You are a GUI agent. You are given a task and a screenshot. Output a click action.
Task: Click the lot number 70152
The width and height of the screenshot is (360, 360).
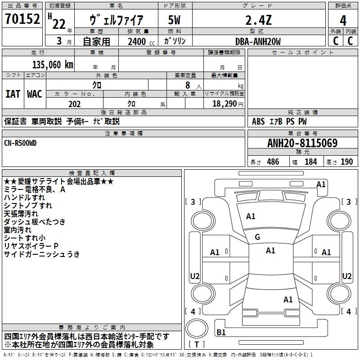[22, 19]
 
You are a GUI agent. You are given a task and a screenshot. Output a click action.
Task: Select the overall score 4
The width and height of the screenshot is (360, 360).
[343, 21]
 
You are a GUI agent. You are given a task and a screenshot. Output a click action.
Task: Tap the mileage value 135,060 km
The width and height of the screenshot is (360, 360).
[53, 65]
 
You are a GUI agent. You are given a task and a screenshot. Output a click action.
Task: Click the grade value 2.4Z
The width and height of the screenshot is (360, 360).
[258, 20]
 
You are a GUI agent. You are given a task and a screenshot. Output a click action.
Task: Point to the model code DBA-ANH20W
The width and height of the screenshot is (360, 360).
[258, 41]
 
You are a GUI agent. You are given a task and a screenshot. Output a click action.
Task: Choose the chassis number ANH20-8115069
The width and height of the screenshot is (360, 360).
[302, 143]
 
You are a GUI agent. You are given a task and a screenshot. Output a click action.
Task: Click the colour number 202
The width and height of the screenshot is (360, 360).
[75, 104]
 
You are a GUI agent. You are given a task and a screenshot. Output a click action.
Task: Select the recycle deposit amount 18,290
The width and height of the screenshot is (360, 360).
[224, 104]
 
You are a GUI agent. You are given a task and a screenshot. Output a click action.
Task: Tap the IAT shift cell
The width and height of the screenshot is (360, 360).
[13, 94]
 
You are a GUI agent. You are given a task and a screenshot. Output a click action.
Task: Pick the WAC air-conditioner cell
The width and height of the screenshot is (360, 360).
[35, 94]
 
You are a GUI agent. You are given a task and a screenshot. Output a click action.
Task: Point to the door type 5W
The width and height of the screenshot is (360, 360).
[174, 20]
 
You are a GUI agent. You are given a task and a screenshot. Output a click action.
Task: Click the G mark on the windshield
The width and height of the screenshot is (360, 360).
[257, 237]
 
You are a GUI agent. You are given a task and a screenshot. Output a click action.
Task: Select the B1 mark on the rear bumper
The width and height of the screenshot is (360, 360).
[221, 332]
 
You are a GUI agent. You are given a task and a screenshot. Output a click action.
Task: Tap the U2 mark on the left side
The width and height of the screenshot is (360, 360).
[195, 276]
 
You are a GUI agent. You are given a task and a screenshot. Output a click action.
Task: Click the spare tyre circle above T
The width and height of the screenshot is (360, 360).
[197, 328]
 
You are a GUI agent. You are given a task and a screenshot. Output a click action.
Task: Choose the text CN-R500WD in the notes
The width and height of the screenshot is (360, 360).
[20, 143]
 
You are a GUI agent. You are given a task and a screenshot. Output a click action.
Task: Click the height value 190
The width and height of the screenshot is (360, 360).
[346, 162]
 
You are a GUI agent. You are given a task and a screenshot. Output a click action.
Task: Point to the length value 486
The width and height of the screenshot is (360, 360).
[273, 162]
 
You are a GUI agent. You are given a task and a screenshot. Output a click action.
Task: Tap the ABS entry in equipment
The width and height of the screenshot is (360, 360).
[258, 121]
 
